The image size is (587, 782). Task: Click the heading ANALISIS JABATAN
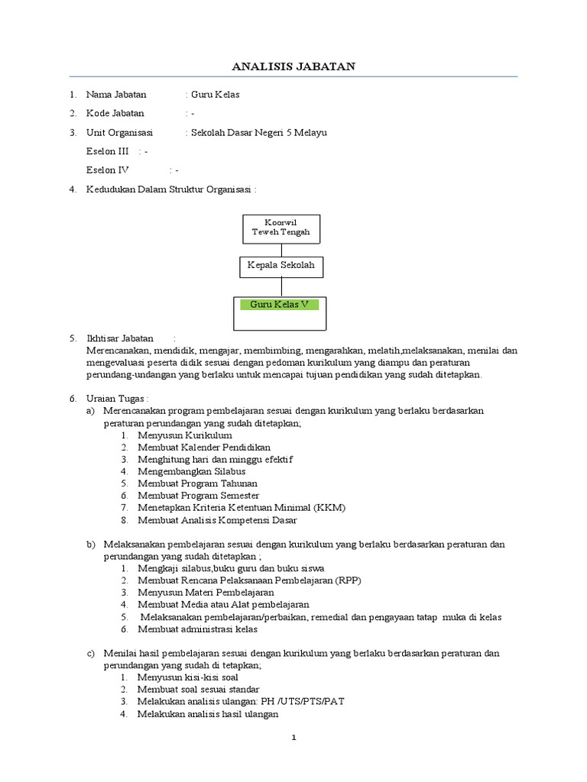click(293, 67)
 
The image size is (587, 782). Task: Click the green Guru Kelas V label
click(280, 304)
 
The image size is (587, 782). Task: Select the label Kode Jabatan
click(115, 114)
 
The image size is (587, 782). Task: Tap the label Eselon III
click(108, 151)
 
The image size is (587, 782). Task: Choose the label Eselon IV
click(108, 170)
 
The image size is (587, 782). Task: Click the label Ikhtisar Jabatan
click(121, 338)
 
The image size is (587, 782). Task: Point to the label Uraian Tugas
click(117, 398)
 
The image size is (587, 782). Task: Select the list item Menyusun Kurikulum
click(184, 435)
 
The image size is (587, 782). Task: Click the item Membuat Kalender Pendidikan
click(203, 447)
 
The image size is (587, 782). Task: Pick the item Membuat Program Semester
click(199, 496)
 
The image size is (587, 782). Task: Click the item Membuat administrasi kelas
click(197, 629)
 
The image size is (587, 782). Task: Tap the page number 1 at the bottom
click(293, 738)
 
